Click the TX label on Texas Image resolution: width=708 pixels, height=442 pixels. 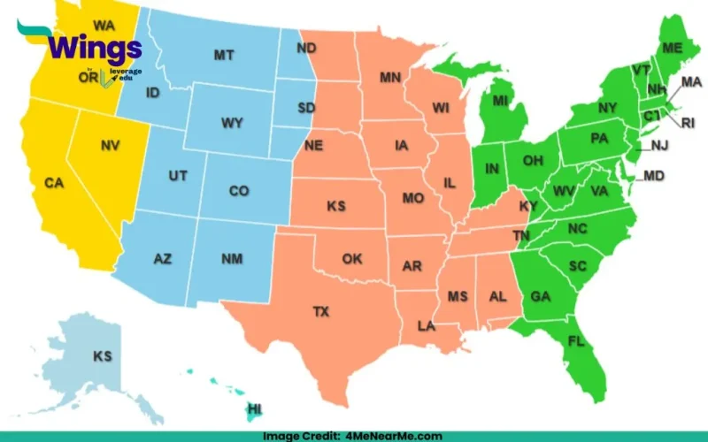[321, 312]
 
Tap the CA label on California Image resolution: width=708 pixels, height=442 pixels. [55, 183]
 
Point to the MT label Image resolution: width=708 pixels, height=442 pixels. [224, 56]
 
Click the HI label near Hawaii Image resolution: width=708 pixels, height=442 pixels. [255, 408]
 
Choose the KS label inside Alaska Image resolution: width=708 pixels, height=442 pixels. [104, 356]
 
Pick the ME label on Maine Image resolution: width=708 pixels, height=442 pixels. [673, 47]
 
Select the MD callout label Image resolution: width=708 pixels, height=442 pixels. [654, 177]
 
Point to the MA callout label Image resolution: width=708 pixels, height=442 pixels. [691, 82]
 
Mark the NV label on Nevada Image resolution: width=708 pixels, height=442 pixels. [111, 145]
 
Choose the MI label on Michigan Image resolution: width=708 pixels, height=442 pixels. [501, 102]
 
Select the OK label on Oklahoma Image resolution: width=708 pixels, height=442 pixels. [352, 259]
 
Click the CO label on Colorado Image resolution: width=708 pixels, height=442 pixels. [239, 191]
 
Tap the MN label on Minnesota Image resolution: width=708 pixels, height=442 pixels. [390, 78]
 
